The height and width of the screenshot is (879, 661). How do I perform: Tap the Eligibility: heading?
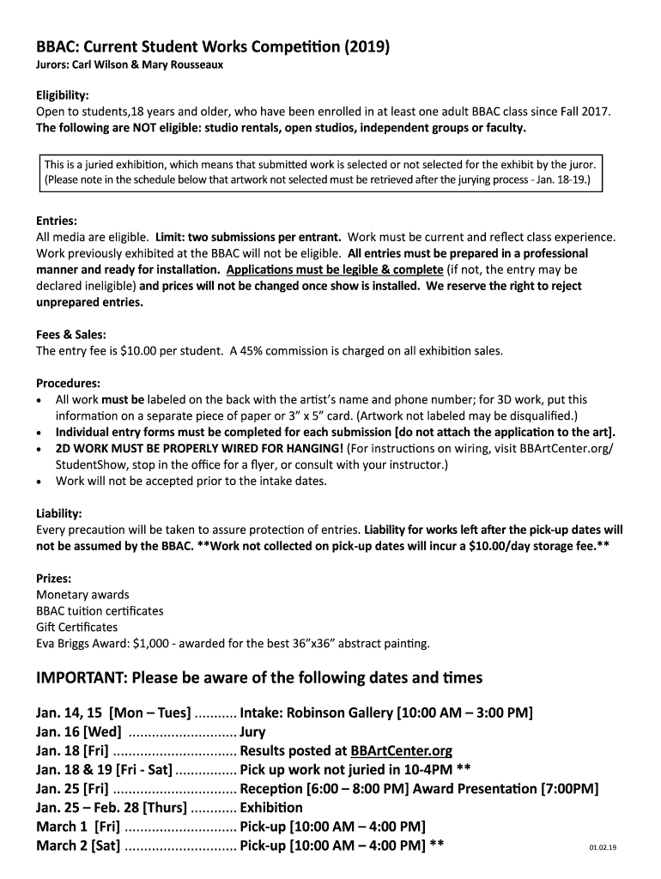[63, 96]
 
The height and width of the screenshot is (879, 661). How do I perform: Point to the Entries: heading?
[57, 221]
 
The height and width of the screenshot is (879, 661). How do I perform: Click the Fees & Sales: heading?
[71, 335]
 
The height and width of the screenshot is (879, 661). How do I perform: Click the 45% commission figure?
[245, 351]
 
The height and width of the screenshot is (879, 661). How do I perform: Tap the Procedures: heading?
[68, 383]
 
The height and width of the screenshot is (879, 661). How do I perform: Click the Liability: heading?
[58, 513]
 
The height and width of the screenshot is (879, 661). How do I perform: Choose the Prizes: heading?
[53, 579]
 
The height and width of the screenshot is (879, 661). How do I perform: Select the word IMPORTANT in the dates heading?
[79, 678]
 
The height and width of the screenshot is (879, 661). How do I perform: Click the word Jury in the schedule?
[253, 732]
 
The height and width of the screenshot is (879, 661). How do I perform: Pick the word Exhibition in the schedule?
[271, 808]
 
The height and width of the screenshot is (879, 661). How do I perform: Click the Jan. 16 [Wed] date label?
[78, 732]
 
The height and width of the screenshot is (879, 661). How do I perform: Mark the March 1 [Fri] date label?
[77, 827]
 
